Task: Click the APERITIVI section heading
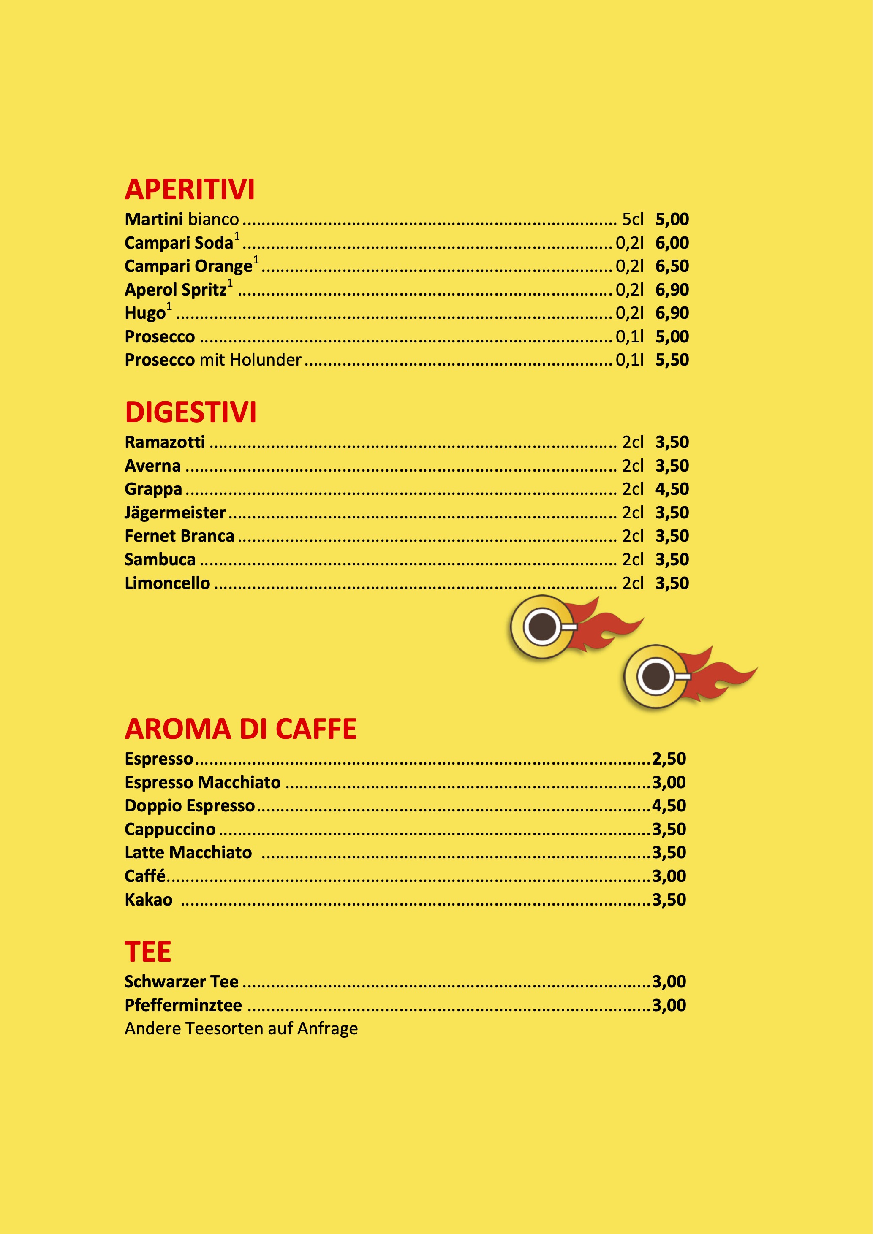[190, 190]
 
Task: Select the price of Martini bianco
[672, 219]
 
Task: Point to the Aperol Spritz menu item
[176, 290]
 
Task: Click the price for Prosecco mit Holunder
[672, 360]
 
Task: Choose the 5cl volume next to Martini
[633, 219]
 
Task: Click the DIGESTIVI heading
[191, 413]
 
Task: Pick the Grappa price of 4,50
[672, 489]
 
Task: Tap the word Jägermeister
[175, 513]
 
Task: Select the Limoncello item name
[167, 583]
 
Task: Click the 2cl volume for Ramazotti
[633, 442]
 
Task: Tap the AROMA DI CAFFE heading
[241, 730]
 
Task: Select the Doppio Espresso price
[669, 805]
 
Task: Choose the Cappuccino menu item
[170, 829]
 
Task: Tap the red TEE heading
[148, 952]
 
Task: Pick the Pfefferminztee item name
[183, 1005]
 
